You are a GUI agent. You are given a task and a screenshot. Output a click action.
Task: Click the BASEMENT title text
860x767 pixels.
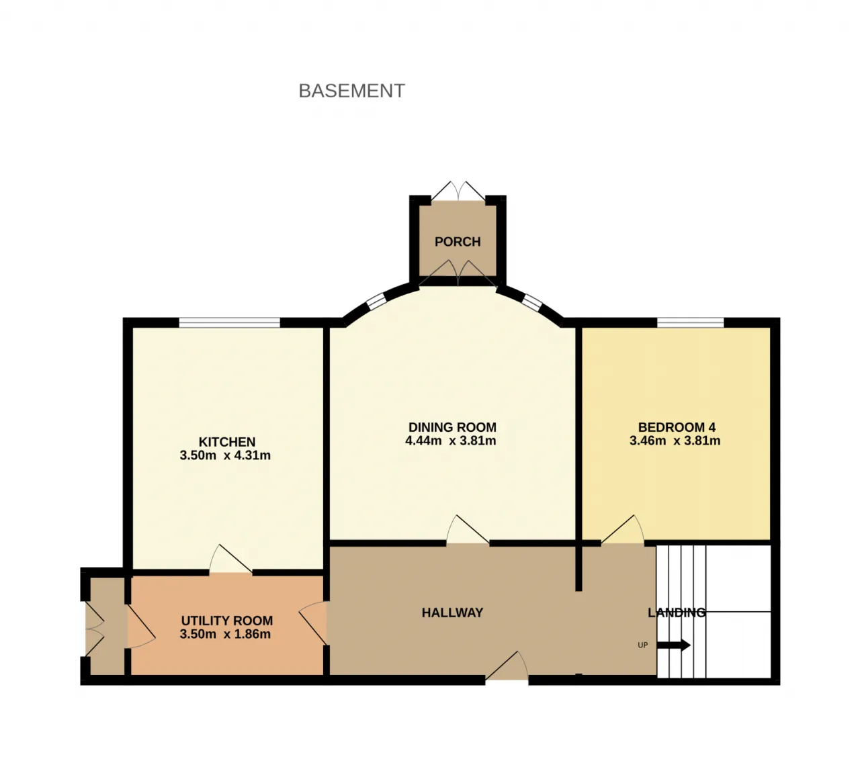pyautogui.click(x=351, y=91)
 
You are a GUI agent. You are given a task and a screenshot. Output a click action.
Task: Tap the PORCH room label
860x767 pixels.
pyautogui.click(x=457, y=242)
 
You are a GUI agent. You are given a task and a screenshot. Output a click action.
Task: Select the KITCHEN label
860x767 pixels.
pyautogui.click(x=227, y=442)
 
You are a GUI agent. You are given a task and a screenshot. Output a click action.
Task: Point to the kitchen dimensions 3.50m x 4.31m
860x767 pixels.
pyautogui.click(x=225, y=455)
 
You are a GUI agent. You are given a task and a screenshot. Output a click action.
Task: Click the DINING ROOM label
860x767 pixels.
pyautogui.click(x=452, y=427)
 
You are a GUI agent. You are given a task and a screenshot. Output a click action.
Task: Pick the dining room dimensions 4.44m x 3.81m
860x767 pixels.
pyautogui.click(x=450, y=441)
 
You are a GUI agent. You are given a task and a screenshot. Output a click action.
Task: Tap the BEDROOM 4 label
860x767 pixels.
pyautogui.click(x=677, y=427)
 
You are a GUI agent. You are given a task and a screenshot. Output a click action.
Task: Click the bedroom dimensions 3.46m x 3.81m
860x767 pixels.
pyautogui.click(x=675, y=441)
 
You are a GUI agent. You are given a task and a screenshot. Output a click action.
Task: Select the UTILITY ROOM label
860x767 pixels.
pyautogui.click(x=227, y=621)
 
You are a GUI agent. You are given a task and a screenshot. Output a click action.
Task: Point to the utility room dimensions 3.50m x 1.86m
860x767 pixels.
pyautogui.click(x=225, y=634)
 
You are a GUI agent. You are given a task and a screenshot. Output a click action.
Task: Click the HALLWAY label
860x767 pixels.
pyautogui.click(x=452, y=613)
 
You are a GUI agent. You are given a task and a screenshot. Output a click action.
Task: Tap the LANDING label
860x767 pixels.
pyautogui.click(x=677, y=613)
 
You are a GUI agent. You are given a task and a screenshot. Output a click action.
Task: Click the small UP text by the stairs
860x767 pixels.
pyautogui.click(x=643, y=645)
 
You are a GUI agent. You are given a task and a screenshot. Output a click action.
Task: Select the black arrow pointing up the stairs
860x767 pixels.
pyautogui.click(x=674, y=645)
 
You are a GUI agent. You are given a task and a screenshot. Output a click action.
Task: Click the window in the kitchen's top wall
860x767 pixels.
pyautogui.click(x=229, y=322)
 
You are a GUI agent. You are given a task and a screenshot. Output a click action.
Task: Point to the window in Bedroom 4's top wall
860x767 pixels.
pyautogui.click(x=690, y=322)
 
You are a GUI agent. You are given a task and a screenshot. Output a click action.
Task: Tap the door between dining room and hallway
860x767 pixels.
pyautogui.click(x=468, y=530)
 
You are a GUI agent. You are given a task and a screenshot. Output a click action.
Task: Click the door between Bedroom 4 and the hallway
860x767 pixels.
pyautogui.click(x=623, y=530)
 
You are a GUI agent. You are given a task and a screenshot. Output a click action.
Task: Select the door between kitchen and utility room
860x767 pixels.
pyautogui.click(x=230, y=559)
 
